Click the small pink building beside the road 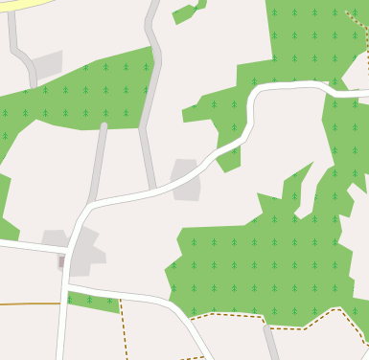point(62,260)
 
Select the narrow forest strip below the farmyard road point(93,303)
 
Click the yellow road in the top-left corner point(19,4)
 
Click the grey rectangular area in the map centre point(186,179)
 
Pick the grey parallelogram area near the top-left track point(46,64)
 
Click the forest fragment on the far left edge point(5,206)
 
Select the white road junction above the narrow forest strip point(67,286)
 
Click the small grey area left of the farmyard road point(52,236)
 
